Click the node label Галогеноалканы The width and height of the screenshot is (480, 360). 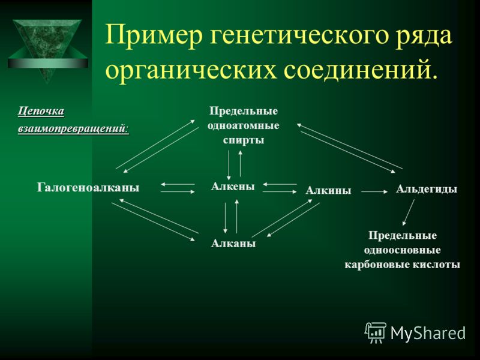click(x=88, y=187)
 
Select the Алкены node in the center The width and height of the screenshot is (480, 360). click(x=233, y=186)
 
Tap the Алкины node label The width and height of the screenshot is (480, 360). click(x=328, y=190)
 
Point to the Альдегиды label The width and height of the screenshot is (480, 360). click(x=427, y=189)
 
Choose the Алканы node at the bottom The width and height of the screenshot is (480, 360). click(x=233, y=244)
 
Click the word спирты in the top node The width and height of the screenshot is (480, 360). click(x=244, y=140)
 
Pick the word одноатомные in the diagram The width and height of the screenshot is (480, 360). click(x=244, y=125)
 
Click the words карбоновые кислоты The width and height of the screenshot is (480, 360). click(x=402, y=265)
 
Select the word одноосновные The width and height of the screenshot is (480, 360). click(x=402, y=250)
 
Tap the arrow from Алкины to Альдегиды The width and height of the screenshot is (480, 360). click(x=374, y=192)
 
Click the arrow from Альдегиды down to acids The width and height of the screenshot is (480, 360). click(x=409, y=212)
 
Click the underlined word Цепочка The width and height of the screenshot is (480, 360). click(x=41, y=111)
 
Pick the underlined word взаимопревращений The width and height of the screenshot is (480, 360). click(x=73, y=129)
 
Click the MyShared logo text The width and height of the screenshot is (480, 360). click(x=428, y=333)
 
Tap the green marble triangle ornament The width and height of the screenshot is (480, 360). click(x=48, y=49)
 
